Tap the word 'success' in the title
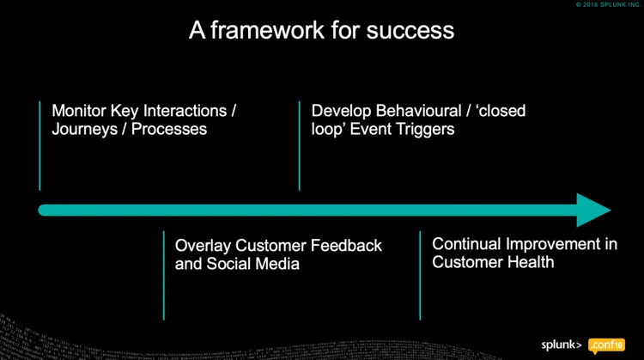414,31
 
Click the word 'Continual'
465,244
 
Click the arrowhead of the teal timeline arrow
593,210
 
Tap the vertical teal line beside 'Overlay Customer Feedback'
163,275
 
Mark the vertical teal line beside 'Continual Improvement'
420,275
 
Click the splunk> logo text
562,345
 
